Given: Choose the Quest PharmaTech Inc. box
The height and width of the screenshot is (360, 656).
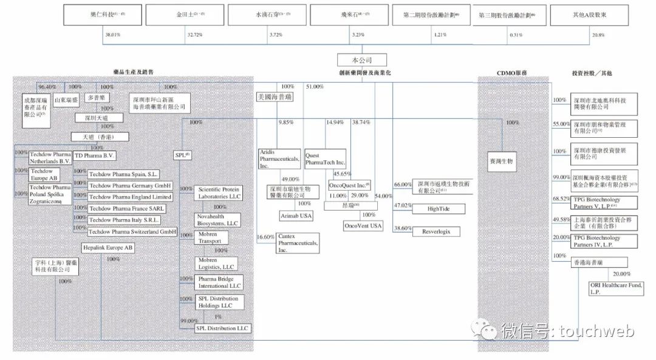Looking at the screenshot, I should pyautogui.click(x=325, y=159).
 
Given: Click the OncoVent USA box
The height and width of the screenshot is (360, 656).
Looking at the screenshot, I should pyautogui.click(x=363, y=226).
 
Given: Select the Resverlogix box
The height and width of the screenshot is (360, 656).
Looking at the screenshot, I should pyautogui.click(x=436, y=231).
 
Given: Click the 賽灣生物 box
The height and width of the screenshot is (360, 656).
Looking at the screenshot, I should pyautogui.click(x=502, y=161).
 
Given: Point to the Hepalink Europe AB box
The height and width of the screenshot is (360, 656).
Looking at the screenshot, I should pyautogui.click(x=108, y=248).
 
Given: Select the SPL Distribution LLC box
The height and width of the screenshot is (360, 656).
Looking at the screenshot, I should pyautogui.click(x=222, y=328).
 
